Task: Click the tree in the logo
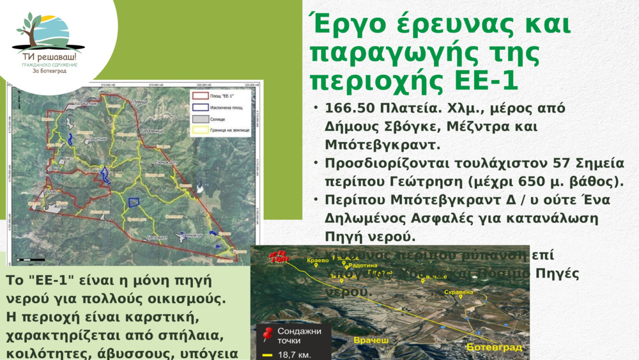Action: [29, 29]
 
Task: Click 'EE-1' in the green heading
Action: [486, 82]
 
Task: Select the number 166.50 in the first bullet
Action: [350, 108]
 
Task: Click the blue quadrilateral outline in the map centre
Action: [134, 203]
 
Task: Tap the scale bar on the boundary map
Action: [31, 260]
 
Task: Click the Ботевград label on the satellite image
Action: [494, 347]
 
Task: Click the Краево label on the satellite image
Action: [318, 260]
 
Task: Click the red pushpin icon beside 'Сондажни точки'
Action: [268, 334]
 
